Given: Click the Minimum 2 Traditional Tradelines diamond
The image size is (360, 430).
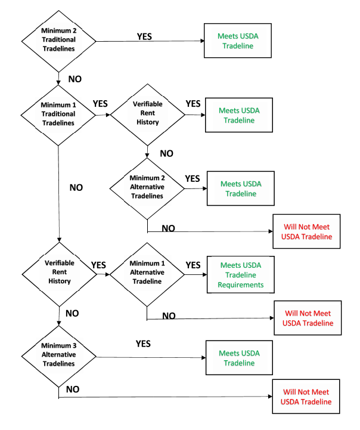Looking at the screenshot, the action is (58, 41).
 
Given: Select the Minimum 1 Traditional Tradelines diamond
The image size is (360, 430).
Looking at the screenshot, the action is (58, 115).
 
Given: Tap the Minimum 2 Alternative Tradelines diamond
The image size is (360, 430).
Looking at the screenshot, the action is (147, 188).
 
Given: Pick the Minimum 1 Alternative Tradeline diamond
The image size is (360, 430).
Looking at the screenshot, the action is (147, 274).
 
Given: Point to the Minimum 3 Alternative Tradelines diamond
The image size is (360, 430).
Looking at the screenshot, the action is (58, 357).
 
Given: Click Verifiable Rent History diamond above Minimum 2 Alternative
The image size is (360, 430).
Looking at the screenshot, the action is (148, 115).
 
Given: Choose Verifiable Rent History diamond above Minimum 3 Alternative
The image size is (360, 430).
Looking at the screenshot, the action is (60, 274).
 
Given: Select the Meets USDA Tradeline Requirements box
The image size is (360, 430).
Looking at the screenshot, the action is (241, 274).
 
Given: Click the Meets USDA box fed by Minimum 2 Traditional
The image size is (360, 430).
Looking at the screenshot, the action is (238, 41).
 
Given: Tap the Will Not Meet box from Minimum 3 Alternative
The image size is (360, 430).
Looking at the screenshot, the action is (306, 397).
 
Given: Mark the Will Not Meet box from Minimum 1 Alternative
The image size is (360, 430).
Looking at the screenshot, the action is (308, 318).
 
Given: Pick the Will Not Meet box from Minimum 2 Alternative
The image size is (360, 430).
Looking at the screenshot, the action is (306, 231).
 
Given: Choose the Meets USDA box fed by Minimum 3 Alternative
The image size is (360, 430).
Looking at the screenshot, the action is (239, 358).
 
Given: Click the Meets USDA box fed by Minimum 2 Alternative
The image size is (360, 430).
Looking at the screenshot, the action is (241, 188).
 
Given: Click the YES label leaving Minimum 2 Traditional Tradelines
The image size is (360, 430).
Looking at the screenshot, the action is (144, 36).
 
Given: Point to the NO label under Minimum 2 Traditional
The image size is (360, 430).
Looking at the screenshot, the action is (75, 79).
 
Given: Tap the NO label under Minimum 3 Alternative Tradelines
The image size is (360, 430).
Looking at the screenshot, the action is (73, 389).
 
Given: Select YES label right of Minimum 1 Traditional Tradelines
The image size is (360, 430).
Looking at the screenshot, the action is (100, 104).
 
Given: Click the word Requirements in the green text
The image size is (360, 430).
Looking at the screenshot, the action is (241, 285).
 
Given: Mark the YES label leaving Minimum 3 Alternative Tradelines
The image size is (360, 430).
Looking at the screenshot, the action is (143, 344).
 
